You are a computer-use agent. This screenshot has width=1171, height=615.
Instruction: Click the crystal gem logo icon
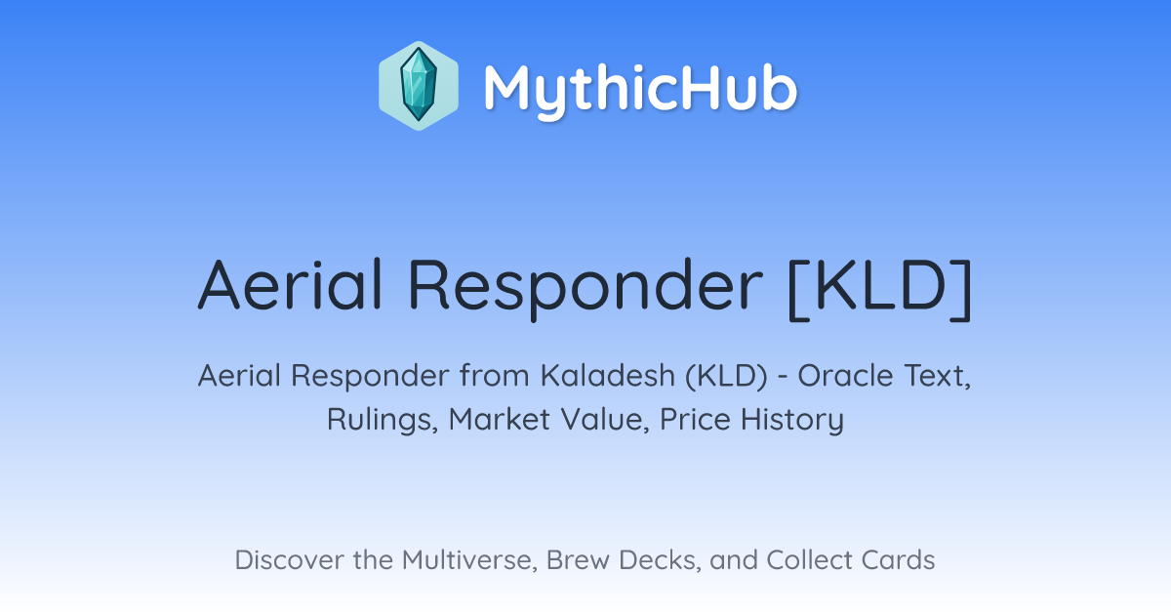tap(419, 86)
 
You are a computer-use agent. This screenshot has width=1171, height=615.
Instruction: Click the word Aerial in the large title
tap(290, 285)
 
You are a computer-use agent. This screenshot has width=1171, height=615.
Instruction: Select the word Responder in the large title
tap(585, 289)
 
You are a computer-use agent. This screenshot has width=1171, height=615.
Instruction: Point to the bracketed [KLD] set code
tap(880, 289)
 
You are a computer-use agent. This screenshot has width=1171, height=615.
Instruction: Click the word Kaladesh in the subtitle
tap(607, 376)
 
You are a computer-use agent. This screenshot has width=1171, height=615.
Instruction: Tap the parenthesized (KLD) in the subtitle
tap(727, 377)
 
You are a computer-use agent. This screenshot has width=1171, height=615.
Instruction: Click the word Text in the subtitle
tap(936, 377)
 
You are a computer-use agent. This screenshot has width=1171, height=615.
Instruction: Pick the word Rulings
tap(383, 421)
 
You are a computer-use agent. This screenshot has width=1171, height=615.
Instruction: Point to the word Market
tap(500, 420)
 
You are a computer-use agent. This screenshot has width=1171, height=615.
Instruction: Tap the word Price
tap(695, 420)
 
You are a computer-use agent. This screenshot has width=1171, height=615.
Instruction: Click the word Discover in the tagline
tap(289, 560)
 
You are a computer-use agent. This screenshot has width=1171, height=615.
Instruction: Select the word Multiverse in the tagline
tap(469, 560)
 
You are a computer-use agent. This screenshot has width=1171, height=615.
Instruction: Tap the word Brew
tap(578, 560)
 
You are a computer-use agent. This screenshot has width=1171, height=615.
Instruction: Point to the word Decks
tap(660, 560)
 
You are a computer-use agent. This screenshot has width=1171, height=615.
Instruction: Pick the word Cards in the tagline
tap(898, 560)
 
